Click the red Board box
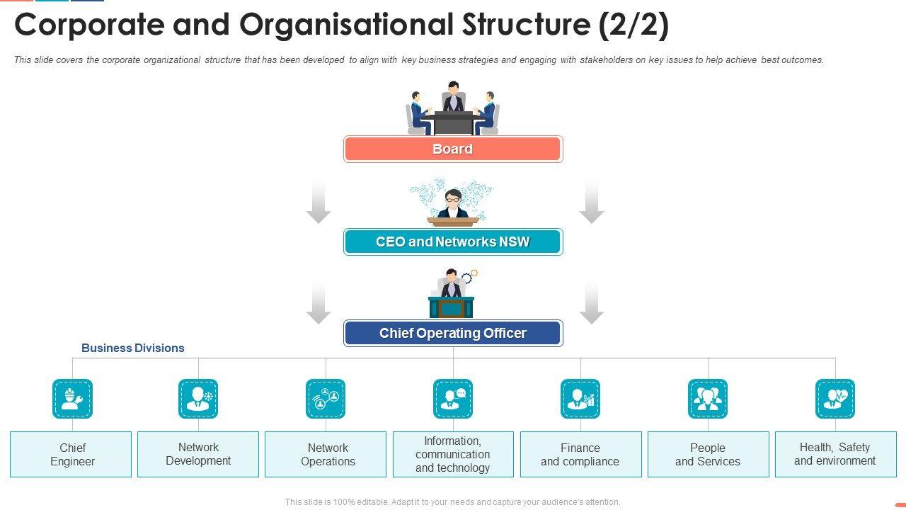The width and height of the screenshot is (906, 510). click(x=453, y=149)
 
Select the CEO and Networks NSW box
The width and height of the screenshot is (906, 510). click(x=453, y=242)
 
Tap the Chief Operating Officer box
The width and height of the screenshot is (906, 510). click(x=453, y=333)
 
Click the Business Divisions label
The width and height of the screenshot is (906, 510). click(x=132, y=348)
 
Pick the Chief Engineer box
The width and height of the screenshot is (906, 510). click(x=71, y=454)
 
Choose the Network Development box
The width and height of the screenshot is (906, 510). click(x=198, y=454)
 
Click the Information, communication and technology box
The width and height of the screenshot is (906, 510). click(x=453, y=454)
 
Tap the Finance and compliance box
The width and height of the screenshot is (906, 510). click(x=580, y=454)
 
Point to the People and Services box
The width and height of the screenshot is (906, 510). click(x=708, y=454)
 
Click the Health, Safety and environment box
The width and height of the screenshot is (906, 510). click(x=835, y=454)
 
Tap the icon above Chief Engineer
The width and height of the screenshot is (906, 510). click(x=72, y=399)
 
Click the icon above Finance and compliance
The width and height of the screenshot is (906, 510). click(x=580, y=399)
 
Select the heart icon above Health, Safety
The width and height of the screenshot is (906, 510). click(x=835, y=399)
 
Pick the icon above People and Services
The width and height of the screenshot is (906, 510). click(x=708, y=399)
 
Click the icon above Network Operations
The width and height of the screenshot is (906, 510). click(x=326, y=399)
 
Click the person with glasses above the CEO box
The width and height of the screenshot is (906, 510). click(x=453, y=203)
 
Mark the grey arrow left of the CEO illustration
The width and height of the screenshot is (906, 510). click(x=319, y=202)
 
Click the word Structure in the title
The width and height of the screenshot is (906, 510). click(x=520, y=25)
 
